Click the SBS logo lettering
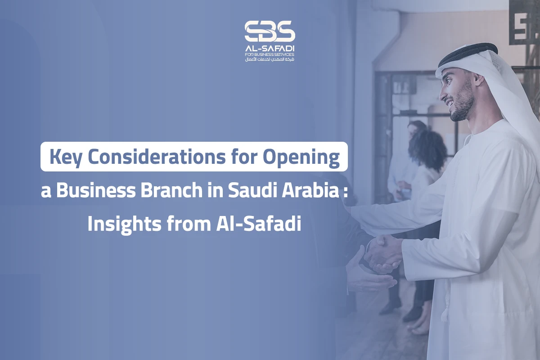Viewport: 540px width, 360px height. [x=270, y=31]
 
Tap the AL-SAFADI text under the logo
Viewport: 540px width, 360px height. [x=270, y=49]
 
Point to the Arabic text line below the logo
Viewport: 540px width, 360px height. [x=270, y=59]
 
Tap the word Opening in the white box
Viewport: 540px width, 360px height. [x=301, y=158]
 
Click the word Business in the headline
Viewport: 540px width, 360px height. [x=96, y=190]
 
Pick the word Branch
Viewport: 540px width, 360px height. [x=171, y=190]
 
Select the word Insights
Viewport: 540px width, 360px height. [x=124, y=224]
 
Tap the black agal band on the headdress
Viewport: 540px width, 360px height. [x=468, y=54]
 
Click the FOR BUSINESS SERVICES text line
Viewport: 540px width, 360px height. [x=270, y=54]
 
